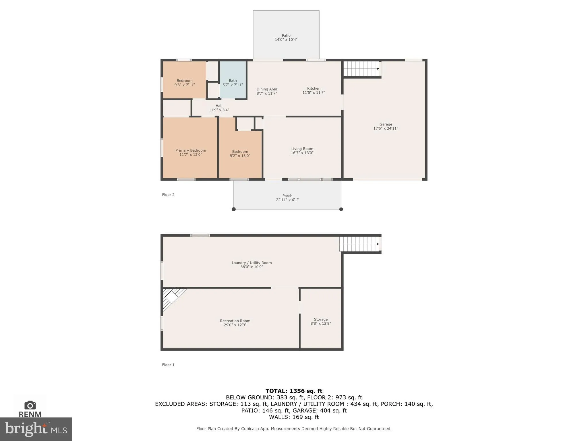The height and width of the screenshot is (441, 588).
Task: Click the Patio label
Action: tap(286, 36)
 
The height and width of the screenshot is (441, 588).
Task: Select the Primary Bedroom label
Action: tap(191, 150)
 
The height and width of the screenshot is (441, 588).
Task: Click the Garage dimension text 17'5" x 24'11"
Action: tap(385, 128)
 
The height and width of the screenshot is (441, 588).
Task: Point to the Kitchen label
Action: tap(314, 88)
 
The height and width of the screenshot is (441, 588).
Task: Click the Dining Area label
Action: tap(267, 89)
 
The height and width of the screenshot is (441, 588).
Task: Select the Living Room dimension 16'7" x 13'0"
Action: tap(302, 153)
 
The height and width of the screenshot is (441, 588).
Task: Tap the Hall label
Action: tap(219, 106)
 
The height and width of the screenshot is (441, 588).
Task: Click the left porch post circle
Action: tap(234, 209)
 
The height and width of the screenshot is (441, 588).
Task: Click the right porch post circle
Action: tap(341, 209)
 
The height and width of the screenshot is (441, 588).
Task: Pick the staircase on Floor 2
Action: tap(361, 69)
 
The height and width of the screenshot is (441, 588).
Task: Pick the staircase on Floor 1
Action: tap(359, 244)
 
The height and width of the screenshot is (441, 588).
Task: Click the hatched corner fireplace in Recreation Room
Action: tap(172, 297)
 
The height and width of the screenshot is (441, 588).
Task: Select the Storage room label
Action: tap(321, 319)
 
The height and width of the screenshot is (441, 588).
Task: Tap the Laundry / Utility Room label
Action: tap(252, 263)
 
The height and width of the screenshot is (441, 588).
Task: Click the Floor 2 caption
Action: tap(168, 195)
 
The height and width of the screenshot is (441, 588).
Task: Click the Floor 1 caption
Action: tap(168, 365)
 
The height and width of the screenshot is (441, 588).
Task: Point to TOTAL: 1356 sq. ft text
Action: tap(294, 391)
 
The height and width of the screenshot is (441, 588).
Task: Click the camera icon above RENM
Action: tap(30, 405)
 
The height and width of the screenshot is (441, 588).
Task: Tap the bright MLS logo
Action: tap(36, 429)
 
